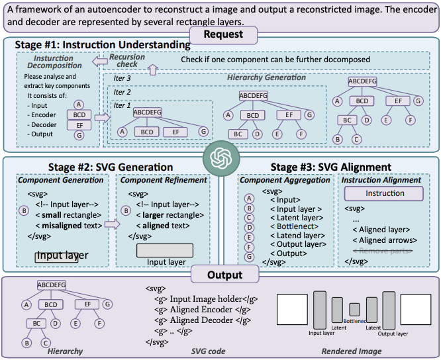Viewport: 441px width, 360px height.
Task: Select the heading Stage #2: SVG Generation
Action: point(110,167)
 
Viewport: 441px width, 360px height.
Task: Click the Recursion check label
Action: point(126,60)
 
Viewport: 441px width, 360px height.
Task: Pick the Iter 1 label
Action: point(123,105)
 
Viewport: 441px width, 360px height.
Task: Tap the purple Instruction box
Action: point(385,193)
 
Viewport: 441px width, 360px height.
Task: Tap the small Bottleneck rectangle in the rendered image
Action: point(354,309)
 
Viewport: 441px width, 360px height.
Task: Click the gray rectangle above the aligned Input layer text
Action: point(165,250)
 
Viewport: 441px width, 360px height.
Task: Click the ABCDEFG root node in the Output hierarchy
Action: point(52,285)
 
